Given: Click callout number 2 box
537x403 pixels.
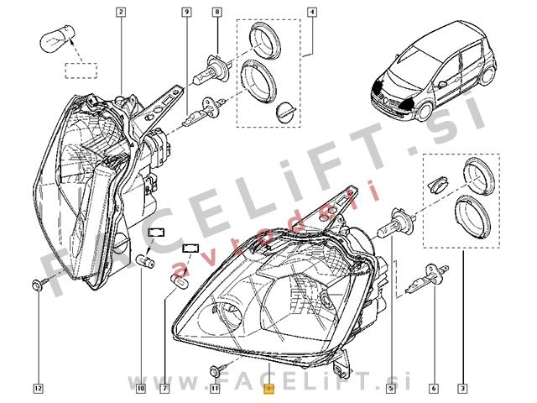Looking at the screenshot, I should tap(121, 13).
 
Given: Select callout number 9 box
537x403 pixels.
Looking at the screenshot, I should tap(185, 13).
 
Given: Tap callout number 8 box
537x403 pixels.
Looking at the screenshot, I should tap(217, 13).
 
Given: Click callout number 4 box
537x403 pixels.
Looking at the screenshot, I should tap(311, 13).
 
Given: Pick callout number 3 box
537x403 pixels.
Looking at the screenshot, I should tap(462, 388).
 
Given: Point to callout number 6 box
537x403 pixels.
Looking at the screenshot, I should tap(433, 388).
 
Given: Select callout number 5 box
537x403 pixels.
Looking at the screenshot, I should tap(392, 388).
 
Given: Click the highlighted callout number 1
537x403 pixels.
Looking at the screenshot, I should tap(268, 389).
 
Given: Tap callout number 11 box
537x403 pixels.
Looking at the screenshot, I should tap(215, 388).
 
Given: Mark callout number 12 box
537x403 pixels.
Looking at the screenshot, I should tap(38, 388).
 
